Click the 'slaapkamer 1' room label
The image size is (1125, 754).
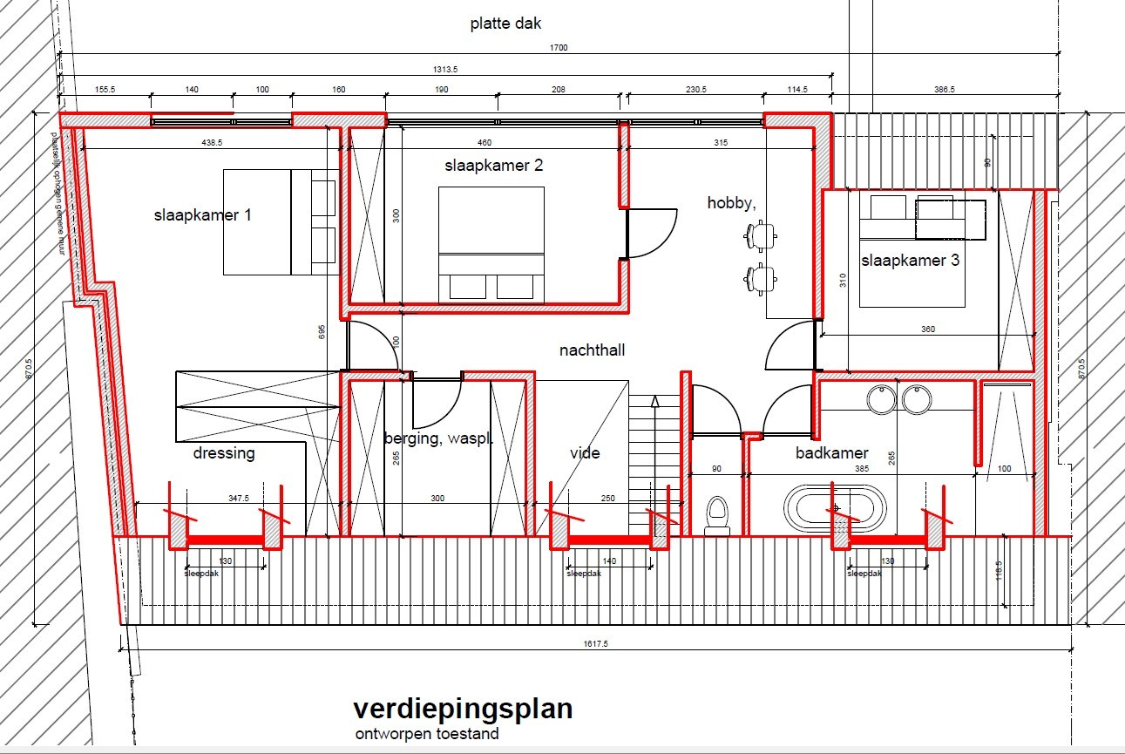coord(203,215)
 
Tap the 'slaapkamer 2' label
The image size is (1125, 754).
coord(493,166)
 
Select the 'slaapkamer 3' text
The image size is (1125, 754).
coord(911,261)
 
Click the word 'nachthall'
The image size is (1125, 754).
coord(593,350)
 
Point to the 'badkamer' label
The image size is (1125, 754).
coord(831,453)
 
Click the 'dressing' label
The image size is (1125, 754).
coord(224,453)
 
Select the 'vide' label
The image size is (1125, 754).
coord(585,453)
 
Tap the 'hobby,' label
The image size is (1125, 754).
coord(731,203)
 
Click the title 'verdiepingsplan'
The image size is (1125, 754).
coord(463,708)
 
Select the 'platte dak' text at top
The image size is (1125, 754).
coord(505,24)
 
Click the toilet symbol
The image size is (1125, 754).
coord(717,514)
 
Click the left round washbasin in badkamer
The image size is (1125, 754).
coord(881,399)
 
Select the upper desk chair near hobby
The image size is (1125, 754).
coord(761,234)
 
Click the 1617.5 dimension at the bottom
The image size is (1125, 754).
coord(595,643)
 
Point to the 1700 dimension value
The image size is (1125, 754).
coord(558,48)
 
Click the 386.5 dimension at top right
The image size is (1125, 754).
coord(945,89)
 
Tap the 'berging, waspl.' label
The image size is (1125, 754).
coord(438,439)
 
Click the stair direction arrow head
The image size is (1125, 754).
coord(654,400)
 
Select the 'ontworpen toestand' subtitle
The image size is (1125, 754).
coord(427,734)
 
